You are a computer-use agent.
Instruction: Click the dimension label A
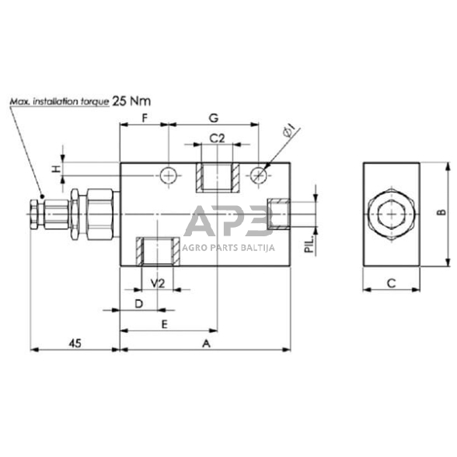click(206, 342)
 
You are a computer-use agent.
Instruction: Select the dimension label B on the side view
click(439, 212)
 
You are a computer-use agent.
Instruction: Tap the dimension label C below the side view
click(392, 284)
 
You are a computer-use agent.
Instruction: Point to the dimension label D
click(138, 302)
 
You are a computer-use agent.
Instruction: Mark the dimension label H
click(55, 169)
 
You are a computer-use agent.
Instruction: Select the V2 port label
click(156, 282)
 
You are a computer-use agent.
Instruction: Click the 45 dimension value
click(75, 342)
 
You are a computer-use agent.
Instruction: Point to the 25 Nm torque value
click(131, 100)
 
